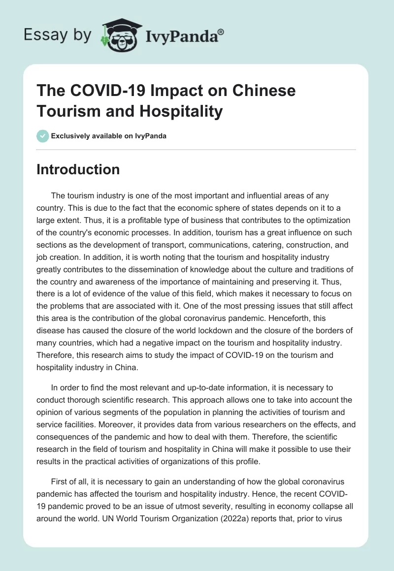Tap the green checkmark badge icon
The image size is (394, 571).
[43, 136]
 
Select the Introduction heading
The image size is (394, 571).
[78, 169]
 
